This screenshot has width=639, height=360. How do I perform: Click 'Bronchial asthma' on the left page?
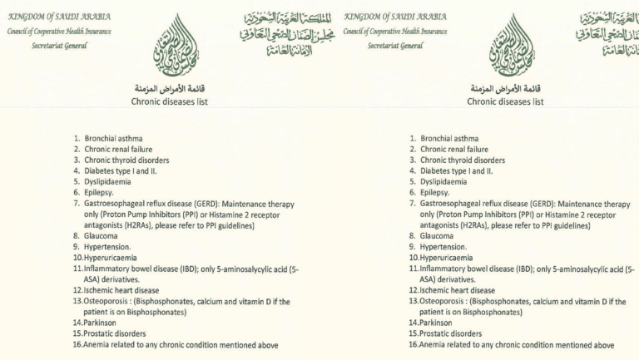pyautogui.click(x=113, y=138)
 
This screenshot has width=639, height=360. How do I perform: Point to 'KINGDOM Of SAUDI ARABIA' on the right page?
pyautogui.click(x=395, y=17)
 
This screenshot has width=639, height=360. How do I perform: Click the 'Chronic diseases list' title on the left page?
pyautogui.click(x=170, y=101)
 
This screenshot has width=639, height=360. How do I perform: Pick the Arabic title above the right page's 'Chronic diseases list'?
pyautogui.click(x=505, y=87)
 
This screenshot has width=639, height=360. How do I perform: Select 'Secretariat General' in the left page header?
pyautogui.click(x=60, y=45)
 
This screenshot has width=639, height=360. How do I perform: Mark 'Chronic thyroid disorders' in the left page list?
pyautogui.click(x=126, y=160)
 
